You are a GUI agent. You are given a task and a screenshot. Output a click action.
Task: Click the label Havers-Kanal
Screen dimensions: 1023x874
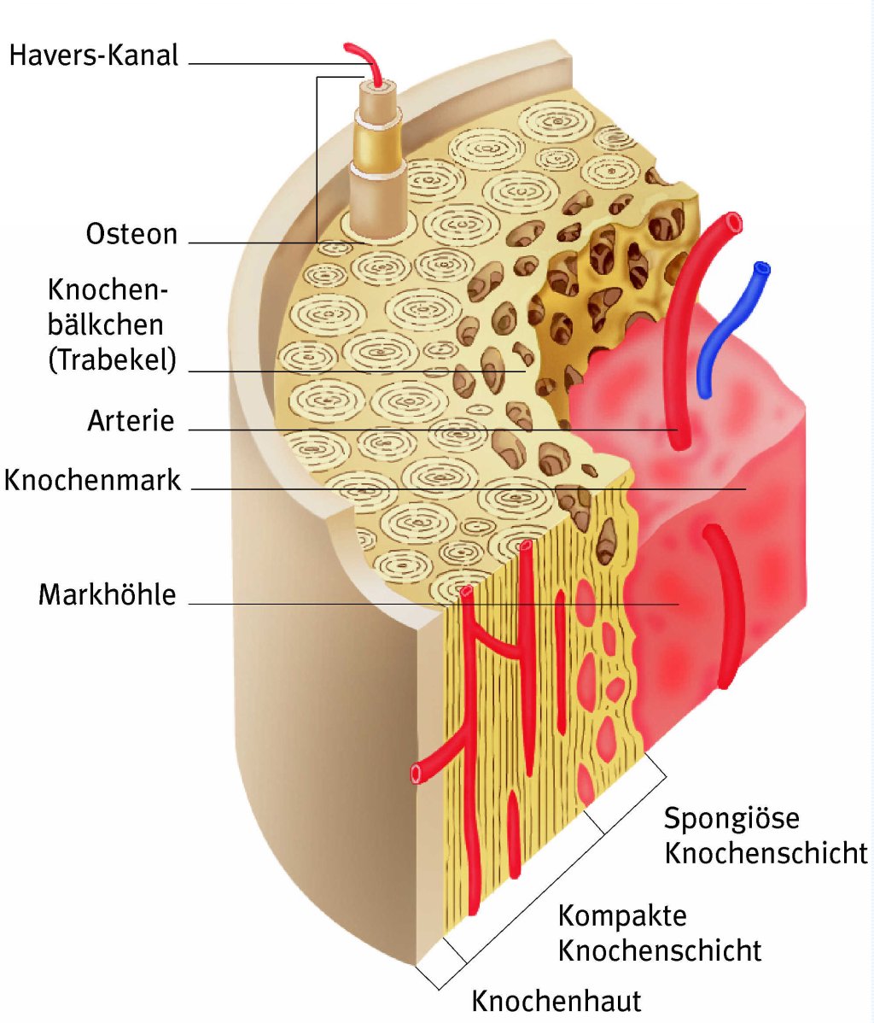(94, 56)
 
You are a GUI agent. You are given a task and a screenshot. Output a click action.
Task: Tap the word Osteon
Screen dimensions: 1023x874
(131, 234)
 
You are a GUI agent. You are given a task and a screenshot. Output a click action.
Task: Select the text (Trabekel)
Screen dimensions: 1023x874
(112, 360)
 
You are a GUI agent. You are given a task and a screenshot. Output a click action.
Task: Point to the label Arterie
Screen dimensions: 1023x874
(131, 420)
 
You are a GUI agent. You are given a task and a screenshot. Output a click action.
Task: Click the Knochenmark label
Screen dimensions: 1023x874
(93, 479)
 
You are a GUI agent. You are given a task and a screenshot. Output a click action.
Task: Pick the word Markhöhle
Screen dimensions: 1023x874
(107, 594)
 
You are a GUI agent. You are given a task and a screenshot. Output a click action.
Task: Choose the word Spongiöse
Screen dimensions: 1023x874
(731, 818)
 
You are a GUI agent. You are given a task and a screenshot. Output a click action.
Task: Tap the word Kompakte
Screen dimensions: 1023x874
(622, 916)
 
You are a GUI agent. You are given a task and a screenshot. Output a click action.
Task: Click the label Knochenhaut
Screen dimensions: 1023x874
(556, 1000)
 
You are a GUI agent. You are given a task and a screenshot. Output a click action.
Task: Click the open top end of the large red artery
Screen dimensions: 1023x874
(731, 224)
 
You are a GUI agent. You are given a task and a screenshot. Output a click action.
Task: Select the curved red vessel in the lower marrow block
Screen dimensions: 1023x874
(723, 606)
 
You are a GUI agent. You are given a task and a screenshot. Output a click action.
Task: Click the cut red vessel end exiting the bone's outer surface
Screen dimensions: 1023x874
(417, 773)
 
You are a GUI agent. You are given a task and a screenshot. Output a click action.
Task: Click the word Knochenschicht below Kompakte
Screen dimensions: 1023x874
(659, 950)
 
